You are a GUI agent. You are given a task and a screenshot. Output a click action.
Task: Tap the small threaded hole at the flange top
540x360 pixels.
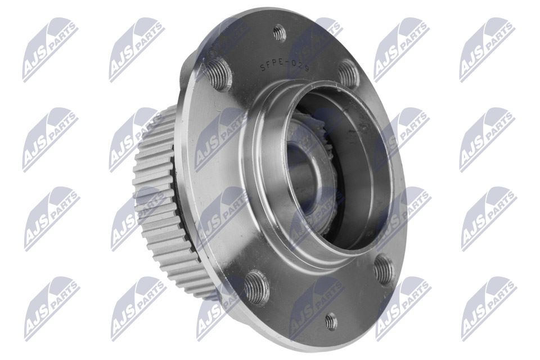280,34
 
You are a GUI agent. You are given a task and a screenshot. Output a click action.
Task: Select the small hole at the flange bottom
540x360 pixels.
331,322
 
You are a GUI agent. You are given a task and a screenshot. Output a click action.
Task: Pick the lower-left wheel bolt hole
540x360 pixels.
257,288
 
